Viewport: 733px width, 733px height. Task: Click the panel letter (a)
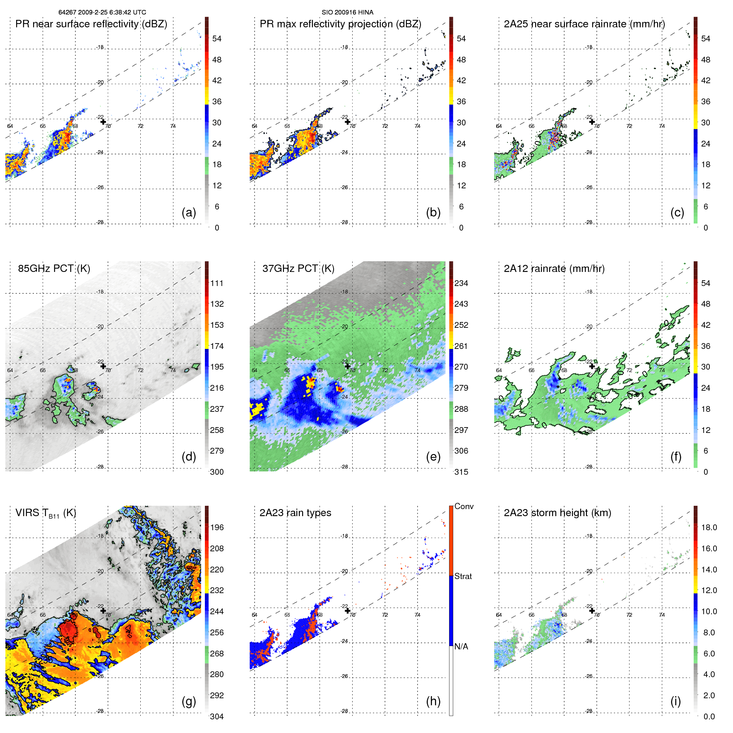[189, 213]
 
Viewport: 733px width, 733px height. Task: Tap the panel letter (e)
[433, 457]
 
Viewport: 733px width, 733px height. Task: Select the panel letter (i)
[675, 701]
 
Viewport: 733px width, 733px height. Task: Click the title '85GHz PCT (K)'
[54, 269]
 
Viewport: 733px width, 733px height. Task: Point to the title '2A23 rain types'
[295, 513]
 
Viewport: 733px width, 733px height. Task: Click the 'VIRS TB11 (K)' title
[46, 513]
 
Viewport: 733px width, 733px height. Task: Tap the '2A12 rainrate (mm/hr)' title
[554, 269]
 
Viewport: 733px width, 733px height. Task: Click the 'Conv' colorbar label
[464, 507]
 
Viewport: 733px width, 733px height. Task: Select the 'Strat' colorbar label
[463, 577]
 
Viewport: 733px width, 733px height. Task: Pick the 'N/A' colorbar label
[461, 646]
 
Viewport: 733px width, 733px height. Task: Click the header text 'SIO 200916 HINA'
[347, 12]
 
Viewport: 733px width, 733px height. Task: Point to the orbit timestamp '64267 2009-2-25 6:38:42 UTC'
[102, 12]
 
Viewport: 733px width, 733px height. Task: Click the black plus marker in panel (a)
[103, 122]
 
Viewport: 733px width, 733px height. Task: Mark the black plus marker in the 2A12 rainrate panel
[592, 366]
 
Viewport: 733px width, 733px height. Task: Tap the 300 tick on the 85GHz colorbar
[217, 472]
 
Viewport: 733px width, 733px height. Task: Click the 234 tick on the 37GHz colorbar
[461, 284]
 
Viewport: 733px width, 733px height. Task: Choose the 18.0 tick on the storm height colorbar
[709, 528]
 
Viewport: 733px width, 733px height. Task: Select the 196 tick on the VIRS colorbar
[217, 528]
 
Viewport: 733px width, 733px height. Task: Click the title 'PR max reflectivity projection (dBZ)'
[340, 24]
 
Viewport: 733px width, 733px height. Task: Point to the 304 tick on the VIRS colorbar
[217, 716]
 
